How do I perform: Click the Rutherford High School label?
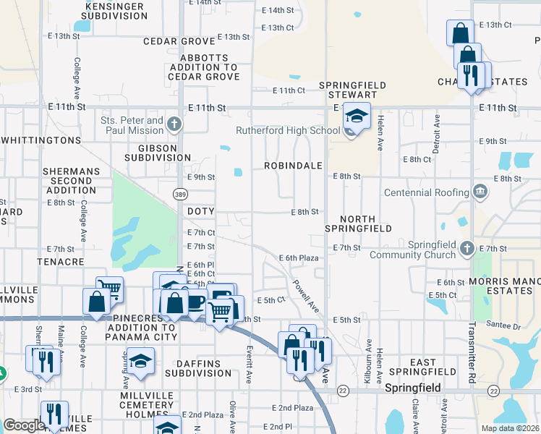pyautogui.click(x=288, y=131)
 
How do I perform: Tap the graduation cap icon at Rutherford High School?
pyautogui.click(x=356, y=116)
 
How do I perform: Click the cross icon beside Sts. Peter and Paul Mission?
pyautogui.click(x=174, y=124)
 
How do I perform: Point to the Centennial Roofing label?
pyautogui.click(x=426, y=192)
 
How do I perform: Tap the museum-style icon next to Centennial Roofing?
pyautogui.click(x=480, y=192)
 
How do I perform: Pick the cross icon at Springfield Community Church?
pyautogui.click(x=467, y=249)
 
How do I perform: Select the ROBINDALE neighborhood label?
pyautogui.click(x=293, y=166)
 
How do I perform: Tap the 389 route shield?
pyautogui.click(x=180, y=194)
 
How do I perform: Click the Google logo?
pyautogui.click(x=24, y=425)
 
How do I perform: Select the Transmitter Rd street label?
pyautogui.click(x=471, y=359)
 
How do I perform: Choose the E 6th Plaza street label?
pyautogui.click(x=299, y=258)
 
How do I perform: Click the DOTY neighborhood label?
pyautogui.click(x=201, y=211)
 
